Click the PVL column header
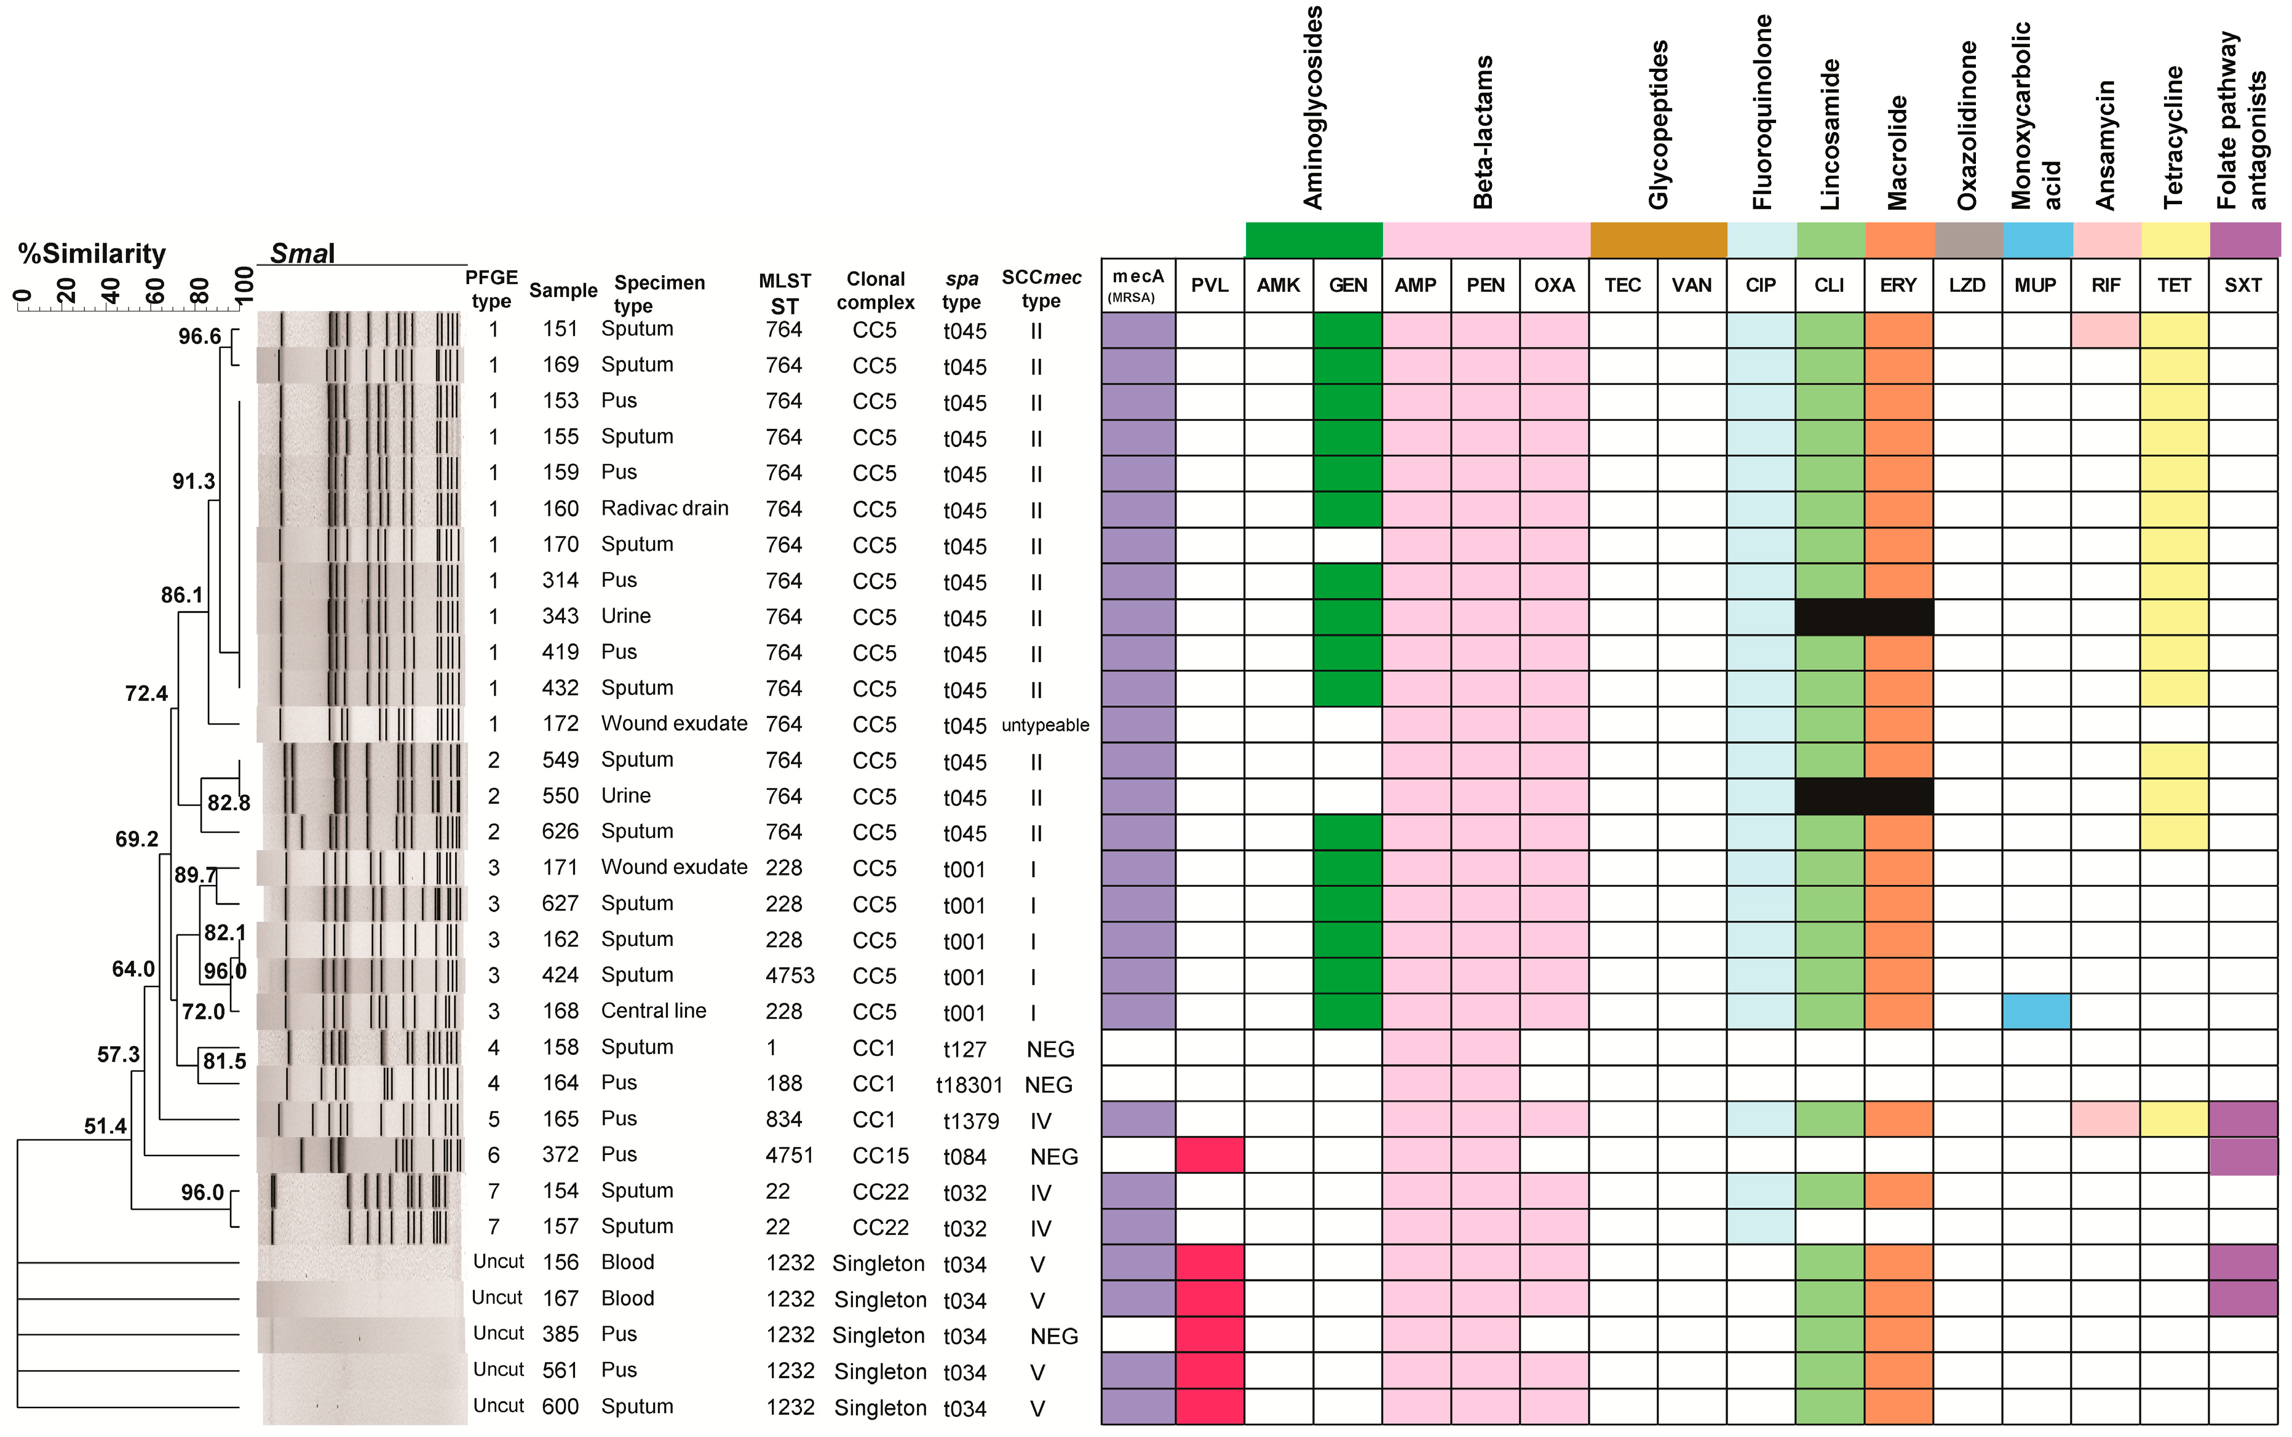pos(1209,285)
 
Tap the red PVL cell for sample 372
pos(1209,1156)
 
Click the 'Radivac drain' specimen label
pos(665,508)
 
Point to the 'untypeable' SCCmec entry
pos(1045,725)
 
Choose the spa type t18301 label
pos(969,1084)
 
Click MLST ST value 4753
pos(789,976)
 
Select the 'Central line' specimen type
pos(653,1011)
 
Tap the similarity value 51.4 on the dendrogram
pos(105,1126)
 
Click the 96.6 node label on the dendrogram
pos(200,336)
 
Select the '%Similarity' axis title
pos(91,254)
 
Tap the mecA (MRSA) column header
pos(1138,285)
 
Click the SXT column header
pos(2243,285)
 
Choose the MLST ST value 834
pos(783,1120)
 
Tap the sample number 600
pos(560,1407)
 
